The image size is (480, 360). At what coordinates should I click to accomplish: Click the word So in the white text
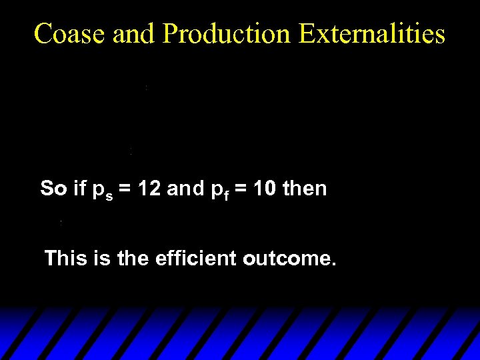tap(53, 189)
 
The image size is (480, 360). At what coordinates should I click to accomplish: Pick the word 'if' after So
tap(80, 189)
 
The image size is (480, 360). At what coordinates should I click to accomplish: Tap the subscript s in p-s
tap(109, 195)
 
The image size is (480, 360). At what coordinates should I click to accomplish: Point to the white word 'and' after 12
tap(185, 189)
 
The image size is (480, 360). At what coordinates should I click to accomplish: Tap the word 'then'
tap(305, 189)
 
